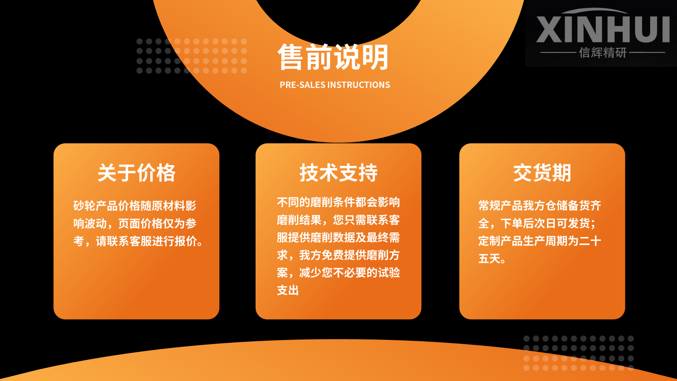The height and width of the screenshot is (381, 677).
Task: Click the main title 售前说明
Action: [x=333, y=57]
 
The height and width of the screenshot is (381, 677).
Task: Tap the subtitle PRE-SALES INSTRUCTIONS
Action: [x=335, y=85]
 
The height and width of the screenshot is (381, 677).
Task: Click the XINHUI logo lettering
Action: [x=603, y=29]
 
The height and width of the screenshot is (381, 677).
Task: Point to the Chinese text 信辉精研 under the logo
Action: [x=603, y=52]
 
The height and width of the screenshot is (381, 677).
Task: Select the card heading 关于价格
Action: [x=136, y=173]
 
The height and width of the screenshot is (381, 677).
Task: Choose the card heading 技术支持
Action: [x=338, y=173]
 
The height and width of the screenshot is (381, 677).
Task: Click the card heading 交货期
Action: [x=542, y=173]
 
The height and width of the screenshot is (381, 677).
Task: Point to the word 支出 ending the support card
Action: [x=288, y=290]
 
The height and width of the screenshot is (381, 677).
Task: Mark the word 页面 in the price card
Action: [x=129, y=224]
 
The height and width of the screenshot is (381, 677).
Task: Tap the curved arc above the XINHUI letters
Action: [x=594, y=11]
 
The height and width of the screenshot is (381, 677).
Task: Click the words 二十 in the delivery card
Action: [x=590, y=241]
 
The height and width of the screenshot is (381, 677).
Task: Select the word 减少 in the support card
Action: [x=310, y=273]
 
